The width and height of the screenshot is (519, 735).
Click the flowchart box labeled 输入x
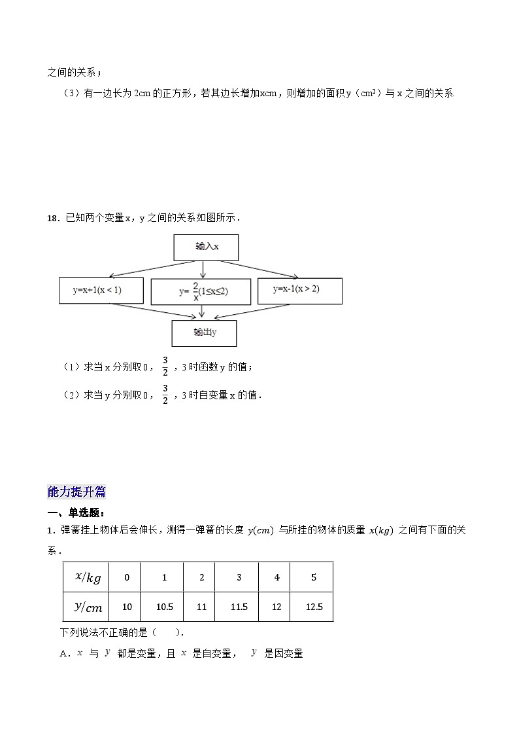[x=206, y=247]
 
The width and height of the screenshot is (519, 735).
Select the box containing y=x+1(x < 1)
[x=101, y=290]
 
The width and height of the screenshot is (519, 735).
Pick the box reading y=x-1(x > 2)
[x=299, y=290]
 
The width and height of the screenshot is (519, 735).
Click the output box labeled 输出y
[x=204, y=333]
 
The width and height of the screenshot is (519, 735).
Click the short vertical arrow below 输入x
[x=203, y=269]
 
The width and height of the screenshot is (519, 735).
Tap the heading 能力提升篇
[x=76, y=492]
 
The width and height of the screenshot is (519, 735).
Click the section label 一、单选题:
[x=76, y=512]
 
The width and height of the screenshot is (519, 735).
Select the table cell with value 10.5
[x=164, y=607]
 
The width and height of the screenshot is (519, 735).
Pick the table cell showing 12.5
[x=314, y=607]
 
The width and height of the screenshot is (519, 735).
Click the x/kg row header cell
[x=88, y=577]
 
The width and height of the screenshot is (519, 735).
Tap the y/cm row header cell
[x=88, y=607]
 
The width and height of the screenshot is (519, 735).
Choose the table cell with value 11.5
[x=239, y=607]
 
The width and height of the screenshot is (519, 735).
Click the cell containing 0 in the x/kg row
[x=127, y=577]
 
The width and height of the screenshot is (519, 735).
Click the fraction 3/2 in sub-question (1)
[x=165, y=367]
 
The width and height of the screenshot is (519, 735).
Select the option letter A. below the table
[x=64, y=654]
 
